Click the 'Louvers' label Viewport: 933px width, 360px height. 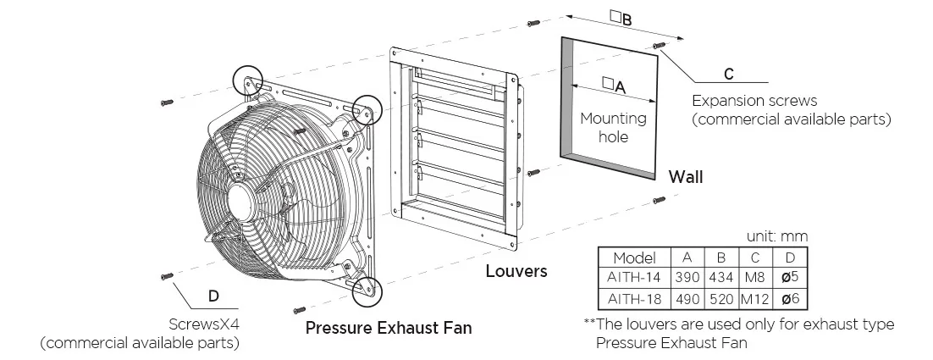point(516,272)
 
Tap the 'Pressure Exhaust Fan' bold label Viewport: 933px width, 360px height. point(389,328)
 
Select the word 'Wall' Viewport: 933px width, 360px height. point(686,178)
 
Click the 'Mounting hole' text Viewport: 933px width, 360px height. point(613,127)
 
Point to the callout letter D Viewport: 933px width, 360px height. point(213,296)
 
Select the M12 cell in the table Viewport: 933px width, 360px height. point(753,299)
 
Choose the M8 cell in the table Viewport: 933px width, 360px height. point(753,278)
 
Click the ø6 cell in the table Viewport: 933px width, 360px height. point(788,299)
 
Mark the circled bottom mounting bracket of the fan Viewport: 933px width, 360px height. point(367,289)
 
